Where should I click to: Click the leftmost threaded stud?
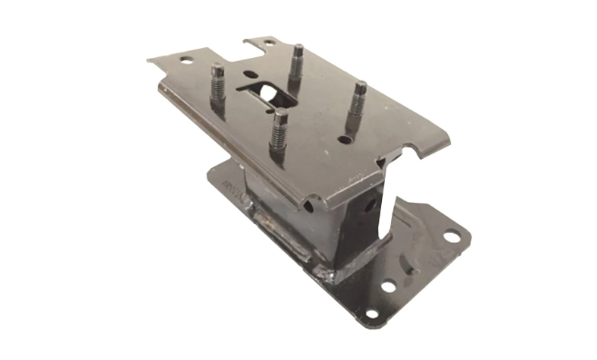click(218, 88)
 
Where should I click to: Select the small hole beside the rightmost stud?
click(343, 141)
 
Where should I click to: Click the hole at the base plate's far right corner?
click(449, 238)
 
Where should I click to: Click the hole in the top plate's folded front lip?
click(310, 206)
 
